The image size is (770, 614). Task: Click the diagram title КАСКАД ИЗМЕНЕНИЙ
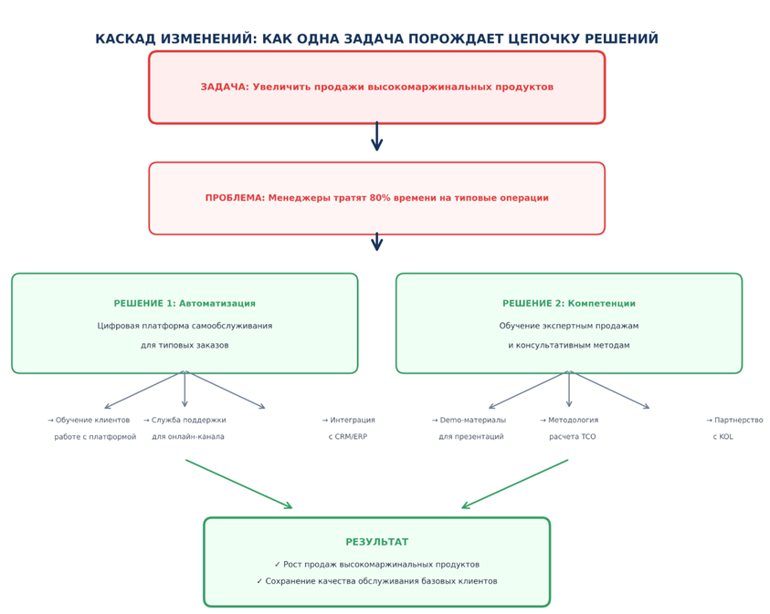pyautogui.click(x=376, y=39)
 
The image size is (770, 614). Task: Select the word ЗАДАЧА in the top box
pyautogui.click(x=224, y=88)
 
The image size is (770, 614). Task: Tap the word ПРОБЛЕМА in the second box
pyautogui.click(x=234, y=198)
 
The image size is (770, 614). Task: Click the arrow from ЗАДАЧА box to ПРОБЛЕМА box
pyautogui.click(x=376, y=136)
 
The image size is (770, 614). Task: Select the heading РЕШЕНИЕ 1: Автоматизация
pyautogui.click(x=185, y=304)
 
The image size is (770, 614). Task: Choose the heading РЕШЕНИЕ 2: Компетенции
pyautogui.click(x=568, y=304)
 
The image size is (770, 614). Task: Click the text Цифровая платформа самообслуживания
pyautogui.click(x=185, y=326)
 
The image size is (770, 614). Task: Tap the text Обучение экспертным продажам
pyautogui.click(x=568, y=326)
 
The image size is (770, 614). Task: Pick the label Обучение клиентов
pyautogui.click(x=91, y=421)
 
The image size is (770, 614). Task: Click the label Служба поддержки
pyautogui.click(x=187, y=421)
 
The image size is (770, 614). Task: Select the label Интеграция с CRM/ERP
pyautogui.click(x=348, y=428)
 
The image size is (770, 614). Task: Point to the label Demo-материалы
pyautogui.click(x=470, y=421)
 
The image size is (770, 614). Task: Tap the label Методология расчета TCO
pyautogui.click(x=571, y=428)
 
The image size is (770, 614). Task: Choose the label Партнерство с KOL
pyautogui.click(x=735, y=428)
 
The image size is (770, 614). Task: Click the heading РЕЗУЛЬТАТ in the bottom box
pyautogui.click(x=376, y=542)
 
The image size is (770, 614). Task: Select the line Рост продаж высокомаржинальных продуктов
pyautogui.click(x=376, y=565)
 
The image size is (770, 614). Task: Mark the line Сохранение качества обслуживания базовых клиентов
pyautogui.click(x=376, y=581)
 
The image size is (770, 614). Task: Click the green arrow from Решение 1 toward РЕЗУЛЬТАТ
pyautogui.click(x=238, y=484)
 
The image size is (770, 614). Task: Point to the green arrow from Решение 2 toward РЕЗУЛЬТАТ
pyautogui.click(x=515, y=484)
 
